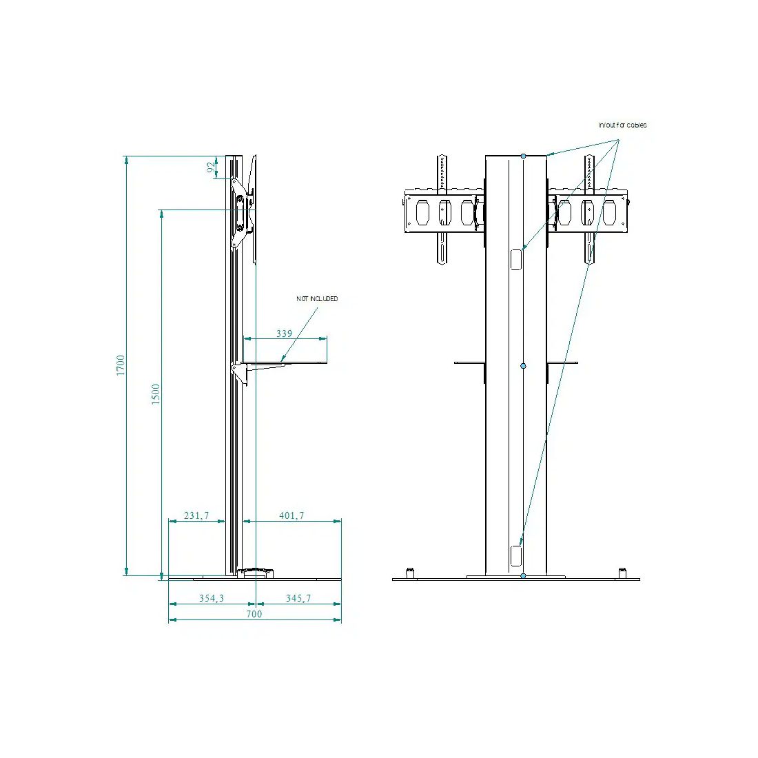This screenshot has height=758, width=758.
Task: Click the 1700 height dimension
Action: (x=121, y=365)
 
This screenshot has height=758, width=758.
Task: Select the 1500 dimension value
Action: (x=155, y=394)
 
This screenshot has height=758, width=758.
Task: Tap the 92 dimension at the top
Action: (x=211, y=167)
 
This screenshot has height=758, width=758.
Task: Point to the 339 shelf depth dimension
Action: (x=284, y=334)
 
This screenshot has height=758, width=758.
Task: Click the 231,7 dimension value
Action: (x=196, y=515)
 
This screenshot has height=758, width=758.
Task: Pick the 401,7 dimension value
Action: (x=291, y=515)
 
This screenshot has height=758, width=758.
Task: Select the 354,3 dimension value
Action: (x=212, y=598)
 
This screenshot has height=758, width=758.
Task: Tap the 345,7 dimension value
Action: (x=298, y=598)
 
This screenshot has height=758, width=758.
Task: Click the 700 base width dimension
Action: (x=254, y=614)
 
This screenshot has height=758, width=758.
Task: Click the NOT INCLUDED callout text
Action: (x=317, y=299)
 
